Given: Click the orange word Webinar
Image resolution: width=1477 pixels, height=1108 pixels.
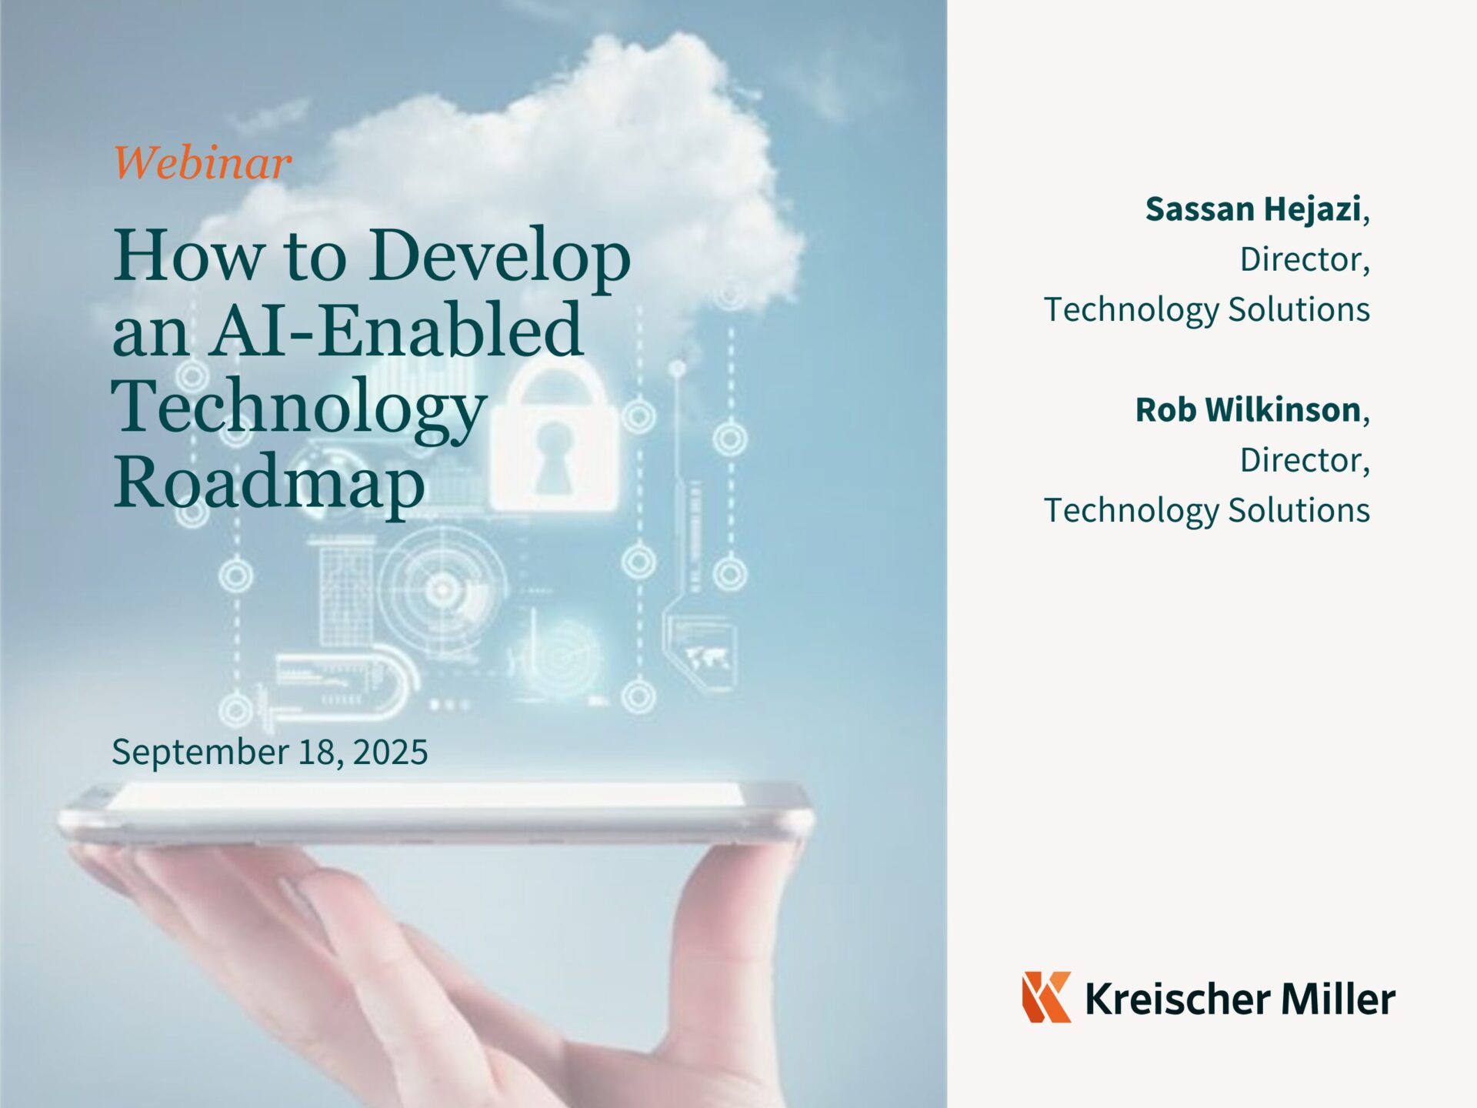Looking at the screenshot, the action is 203,162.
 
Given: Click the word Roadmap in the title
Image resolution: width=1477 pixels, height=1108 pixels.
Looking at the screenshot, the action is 269,483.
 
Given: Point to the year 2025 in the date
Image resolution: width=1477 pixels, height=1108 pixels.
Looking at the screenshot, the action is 390,751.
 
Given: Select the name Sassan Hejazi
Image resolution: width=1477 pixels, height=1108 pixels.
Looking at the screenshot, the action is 1253,209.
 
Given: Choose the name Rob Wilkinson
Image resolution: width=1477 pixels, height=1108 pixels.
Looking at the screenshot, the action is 1249,410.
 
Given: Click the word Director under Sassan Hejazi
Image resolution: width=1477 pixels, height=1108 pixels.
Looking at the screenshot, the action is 1301,259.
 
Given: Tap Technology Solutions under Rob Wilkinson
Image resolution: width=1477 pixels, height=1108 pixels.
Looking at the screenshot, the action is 1207,511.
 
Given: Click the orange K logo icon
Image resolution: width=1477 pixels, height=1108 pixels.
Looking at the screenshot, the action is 1046,997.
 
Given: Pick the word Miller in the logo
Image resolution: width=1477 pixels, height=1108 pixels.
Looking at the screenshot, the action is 1338,999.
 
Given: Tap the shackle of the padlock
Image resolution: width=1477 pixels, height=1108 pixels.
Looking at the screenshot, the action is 553,385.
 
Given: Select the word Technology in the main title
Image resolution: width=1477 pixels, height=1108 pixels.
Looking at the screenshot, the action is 298,408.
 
